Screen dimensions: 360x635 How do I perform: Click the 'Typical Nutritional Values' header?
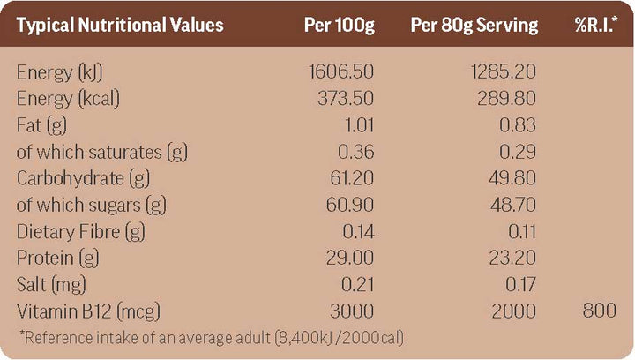pos(120,25)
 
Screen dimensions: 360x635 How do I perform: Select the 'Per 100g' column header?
pos(339,25)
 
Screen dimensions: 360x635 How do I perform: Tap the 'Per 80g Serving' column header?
pos(474,25)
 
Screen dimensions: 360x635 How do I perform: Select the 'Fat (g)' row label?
pos(41,125)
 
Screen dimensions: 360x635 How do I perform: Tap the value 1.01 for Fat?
pos(357,125)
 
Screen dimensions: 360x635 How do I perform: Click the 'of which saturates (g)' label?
pos(102,153)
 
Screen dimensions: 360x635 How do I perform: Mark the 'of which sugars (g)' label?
pos(92,206)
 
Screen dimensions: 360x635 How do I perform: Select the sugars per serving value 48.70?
pos(511,206)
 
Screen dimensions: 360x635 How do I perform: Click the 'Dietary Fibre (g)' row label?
pos(81,232)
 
